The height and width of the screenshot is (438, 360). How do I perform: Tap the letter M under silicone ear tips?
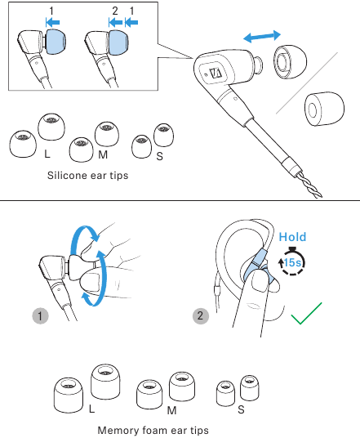pos(102,154)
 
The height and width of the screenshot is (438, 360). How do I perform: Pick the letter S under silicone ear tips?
pos(160,154)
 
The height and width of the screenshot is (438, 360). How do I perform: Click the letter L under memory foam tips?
pos(91,406)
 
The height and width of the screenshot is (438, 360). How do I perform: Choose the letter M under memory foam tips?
pos(172,408)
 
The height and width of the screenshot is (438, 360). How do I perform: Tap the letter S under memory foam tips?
pos(241,408)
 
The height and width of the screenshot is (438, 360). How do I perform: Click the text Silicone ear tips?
pos(88,175)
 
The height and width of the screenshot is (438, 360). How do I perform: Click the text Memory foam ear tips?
pos(153,429)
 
